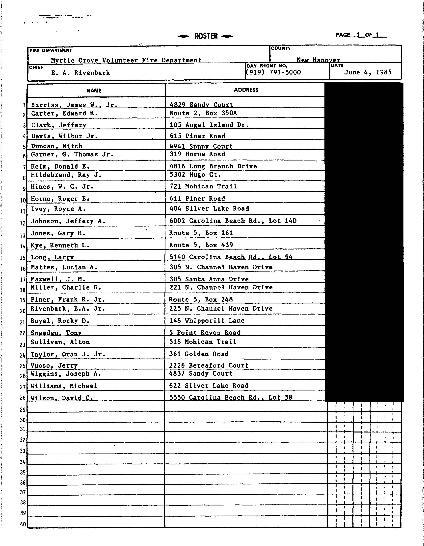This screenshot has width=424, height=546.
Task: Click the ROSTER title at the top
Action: point(206,36)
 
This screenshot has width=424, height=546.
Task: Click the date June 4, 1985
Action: point(368,72)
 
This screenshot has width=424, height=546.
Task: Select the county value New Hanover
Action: point(318,60)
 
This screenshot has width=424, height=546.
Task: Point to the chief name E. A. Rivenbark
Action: point(81,73)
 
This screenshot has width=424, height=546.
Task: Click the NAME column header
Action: point(94,91)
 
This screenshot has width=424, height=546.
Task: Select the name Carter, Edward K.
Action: point(64,114)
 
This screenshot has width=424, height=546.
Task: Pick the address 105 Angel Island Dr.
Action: point(209,125)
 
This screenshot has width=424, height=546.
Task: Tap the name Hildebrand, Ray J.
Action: point(66,175)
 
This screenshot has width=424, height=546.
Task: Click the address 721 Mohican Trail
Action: point(203,186)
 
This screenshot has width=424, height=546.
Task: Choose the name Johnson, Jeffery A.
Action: point(68,221)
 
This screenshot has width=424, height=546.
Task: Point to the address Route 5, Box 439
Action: point(201,245)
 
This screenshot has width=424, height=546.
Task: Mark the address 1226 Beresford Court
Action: point(209,365)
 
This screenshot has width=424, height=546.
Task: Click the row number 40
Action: point(23,524)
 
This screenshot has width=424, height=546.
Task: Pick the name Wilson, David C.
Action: point(62,398)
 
